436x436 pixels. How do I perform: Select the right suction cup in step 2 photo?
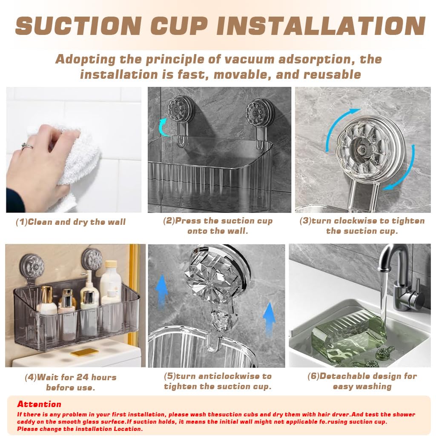pyautogui.click(x=260, y=112)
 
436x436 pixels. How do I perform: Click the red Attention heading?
pyautogui.click(x=39, y=404)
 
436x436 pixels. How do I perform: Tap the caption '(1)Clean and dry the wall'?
pyautogui.click(x=71, y=222)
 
